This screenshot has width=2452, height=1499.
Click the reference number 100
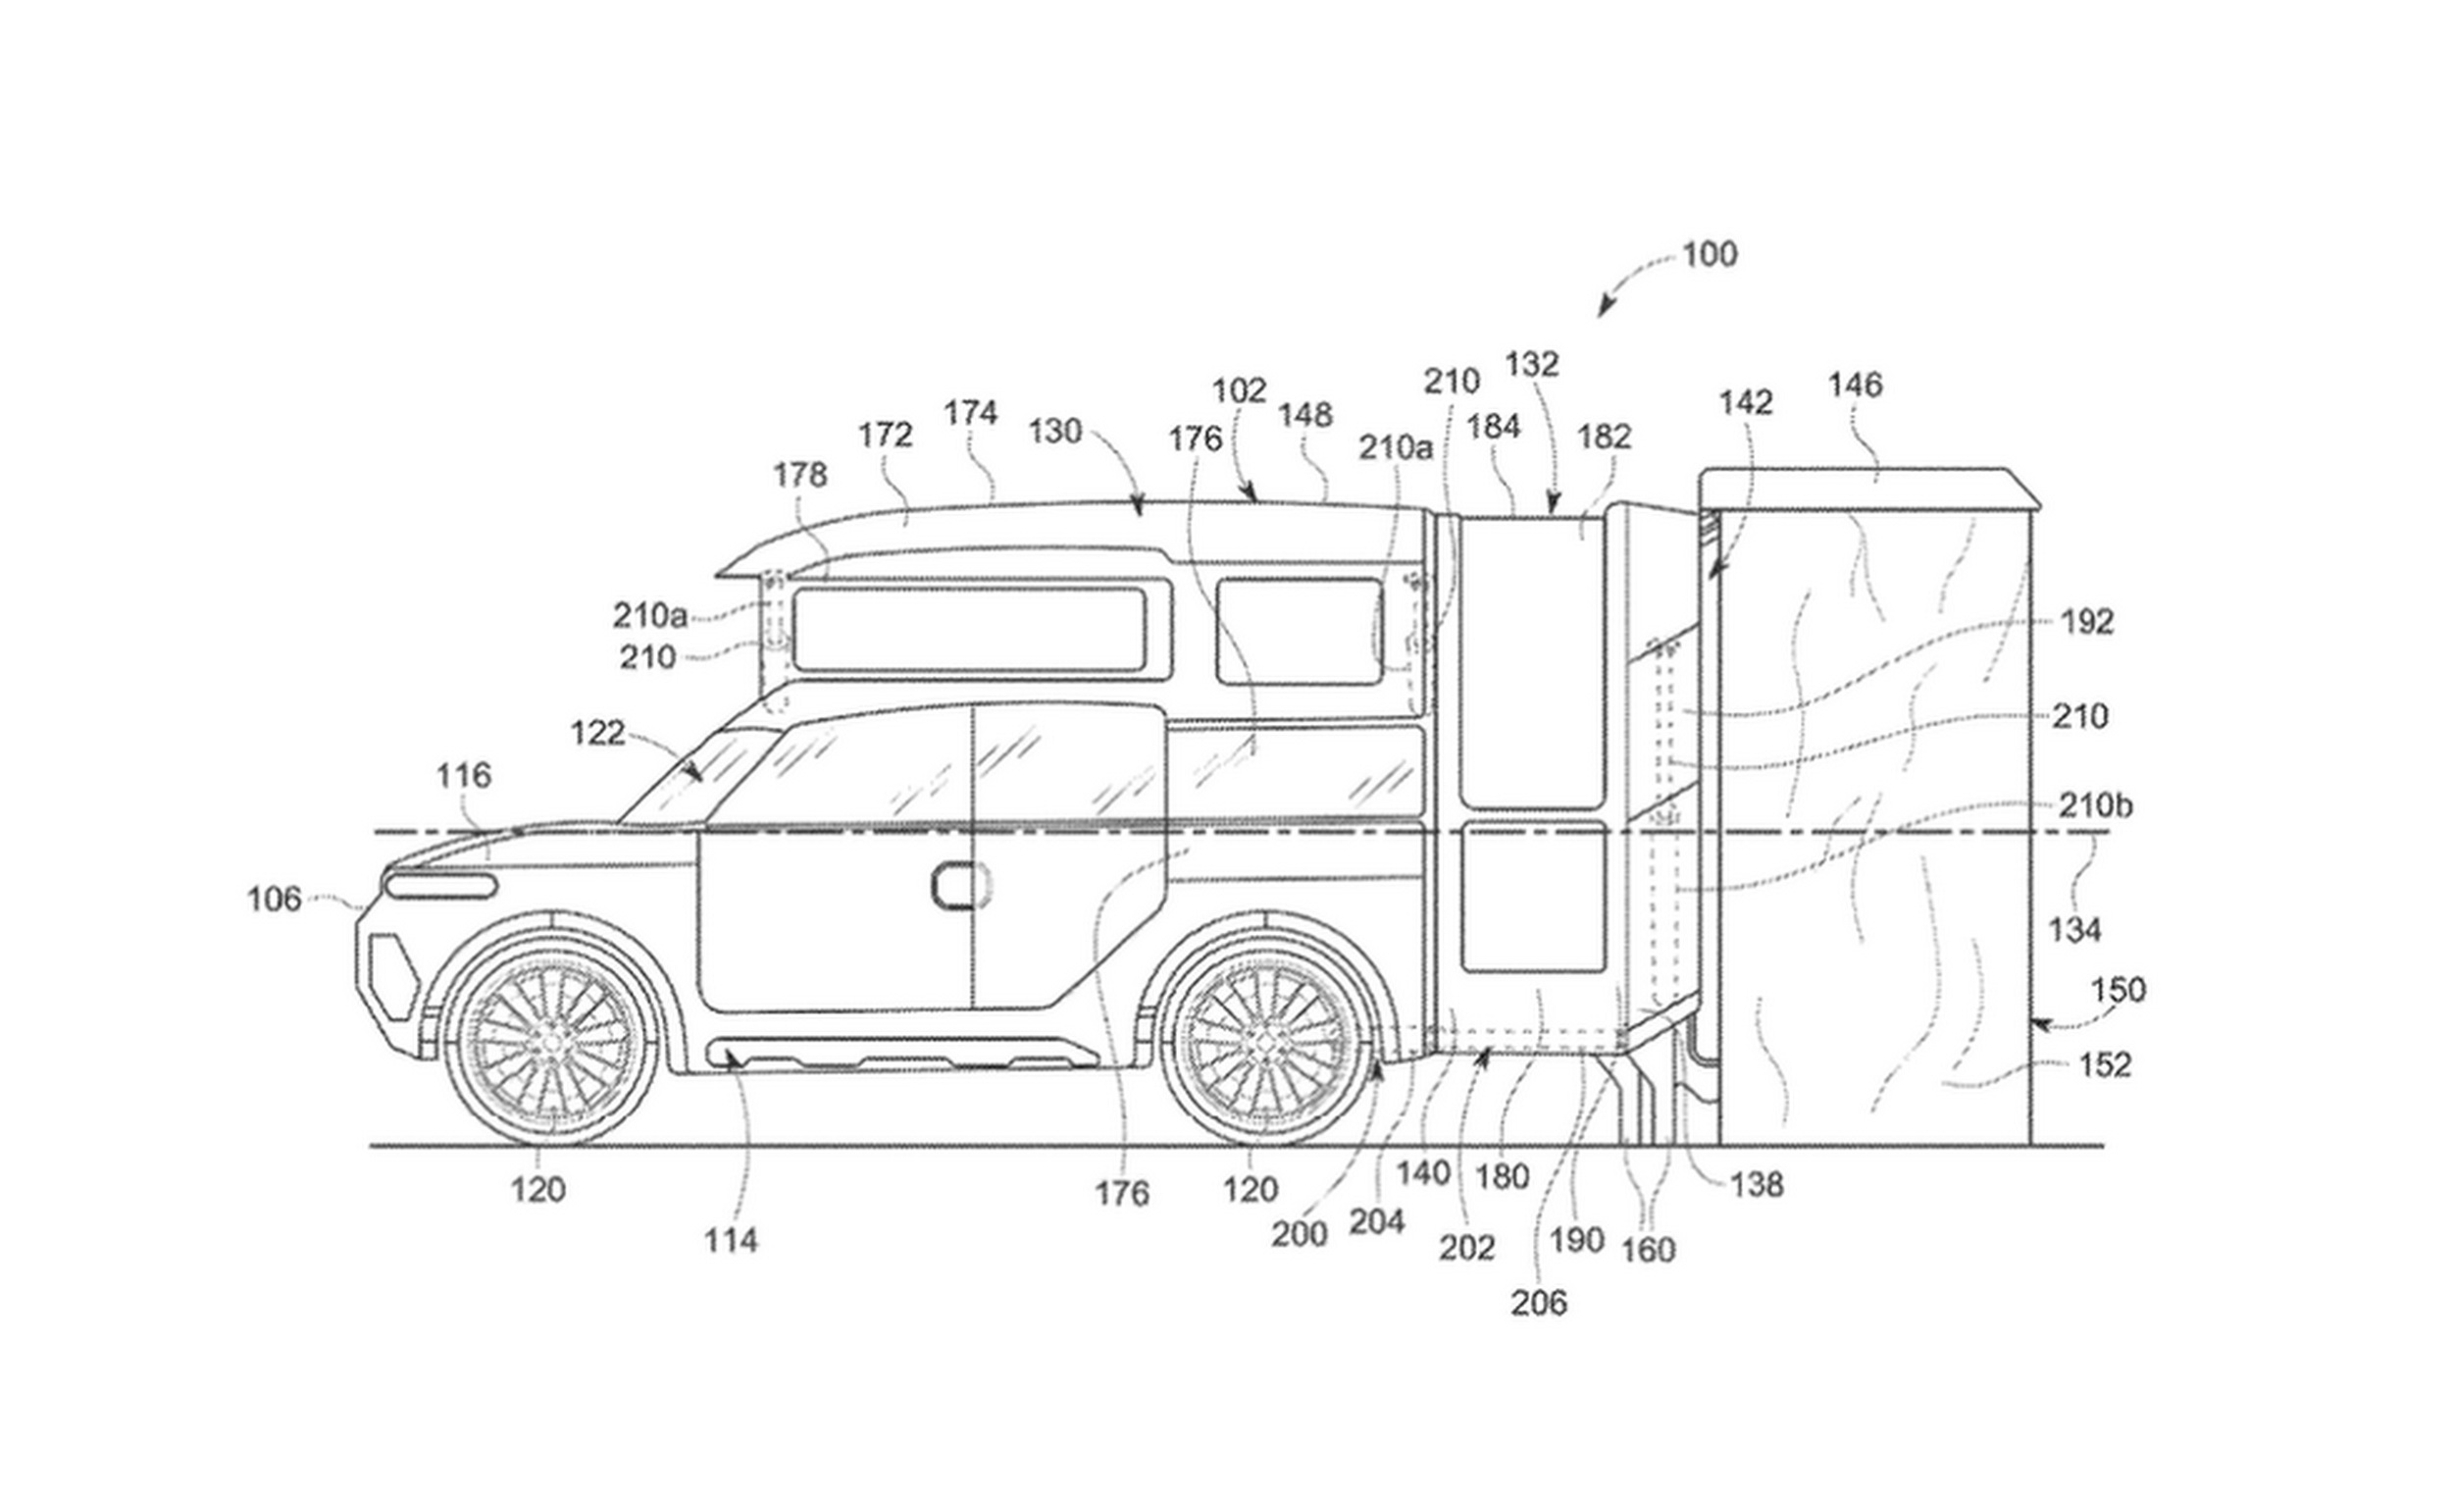[x=1709, y=255]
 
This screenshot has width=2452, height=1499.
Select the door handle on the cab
[x=961, y=885]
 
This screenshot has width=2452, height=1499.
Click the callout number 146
[x=1855, y=385]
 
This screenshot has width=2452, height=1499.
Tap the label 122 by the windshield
[x=597, y=734]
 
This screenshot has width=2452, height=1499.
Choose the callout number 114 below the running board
[x=731, y=1240]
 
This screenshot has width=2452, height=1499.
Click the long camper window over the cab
[x=968, y=629]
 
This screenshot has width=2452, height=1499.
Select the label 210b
[x=2095, y=805]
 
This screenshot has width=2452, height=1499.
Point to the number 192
[x=2086, y=622]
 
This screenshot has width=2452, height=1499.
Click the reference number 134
[x=2074, y=931]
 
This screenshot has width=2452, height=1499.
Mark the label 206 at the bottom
[x=1539, y=1303]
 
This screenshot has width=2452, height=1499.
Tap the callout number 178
[x=800, y=476]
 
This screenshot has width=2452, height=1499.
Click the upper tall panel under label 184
[x=1530, y=662]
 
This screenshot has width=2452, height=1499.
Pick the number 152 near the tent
[x=2104, y=1065]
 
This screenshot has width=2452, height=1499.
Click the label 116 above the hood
[x=464, y=775]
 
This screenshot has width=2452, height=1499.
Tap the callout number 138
[x=1757, y=1184]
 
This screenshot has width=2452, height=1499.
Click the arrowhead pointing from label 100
[x=1602, y=316]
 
